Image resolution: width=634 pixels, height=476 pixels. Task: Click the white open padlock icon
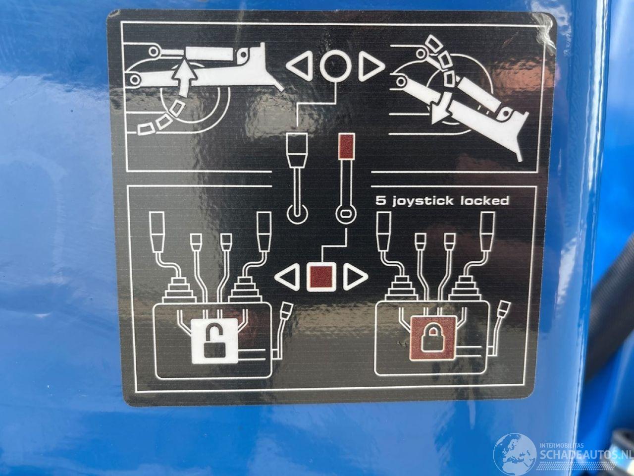214,341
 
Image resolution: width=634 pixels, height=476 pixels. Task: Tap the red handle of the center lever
347,146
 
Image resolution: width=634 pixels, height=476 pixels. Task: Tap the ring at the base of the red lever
346,214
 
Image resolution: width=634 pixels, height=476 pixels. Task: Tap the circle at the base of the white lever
297,215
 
